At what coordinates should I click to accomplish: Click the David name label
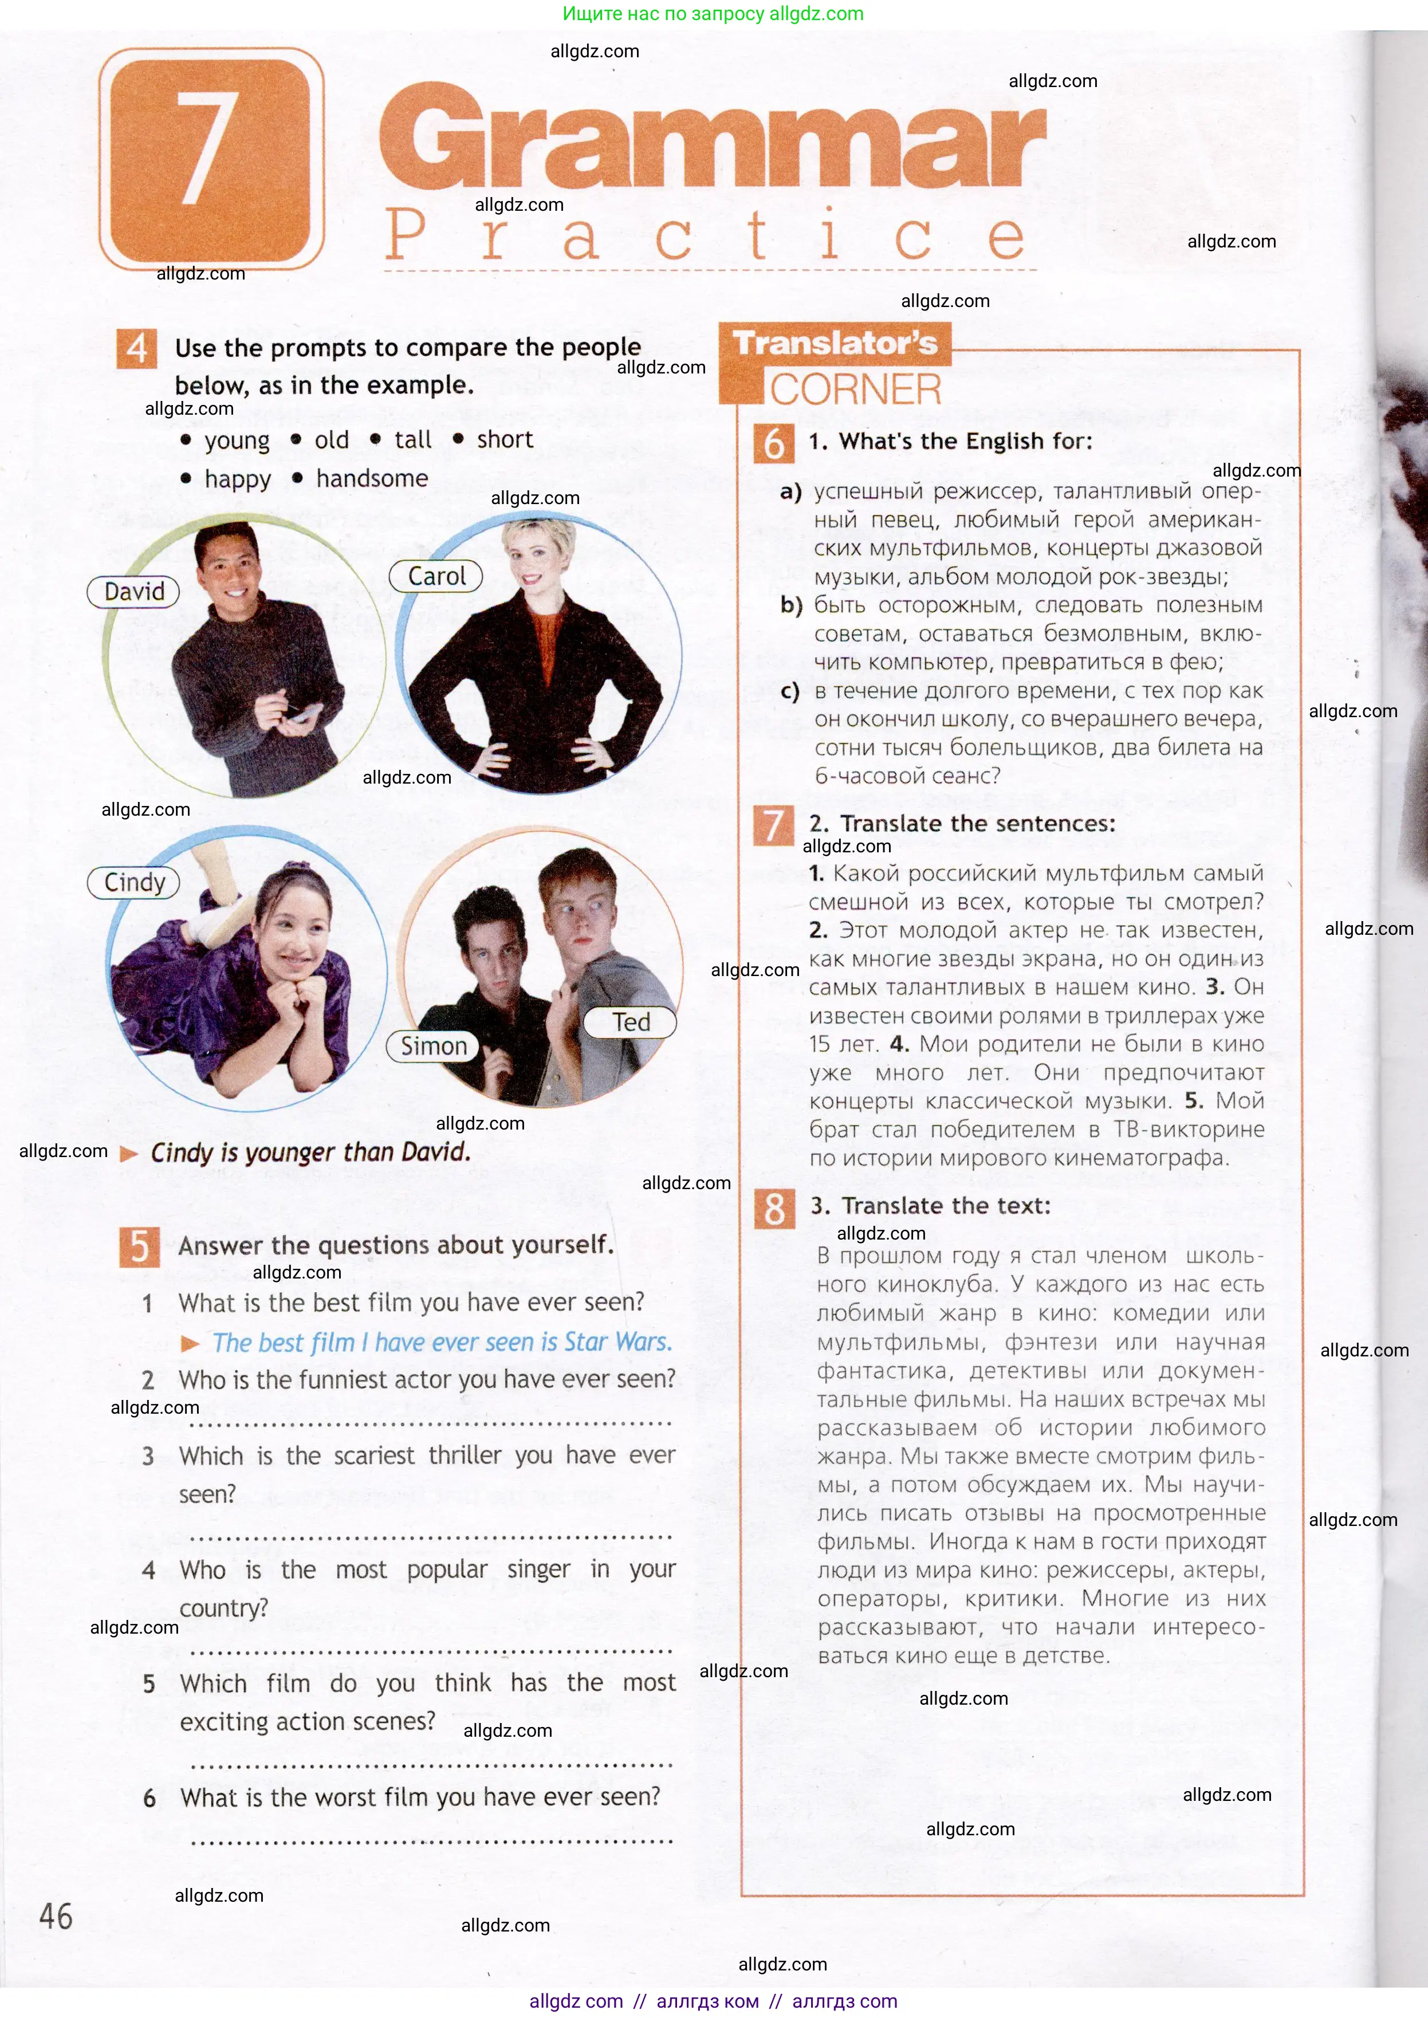pyautogui.click(x=133, y=592)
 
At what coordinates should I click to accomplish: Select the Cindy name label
pyautogui.click(x=133, y=882)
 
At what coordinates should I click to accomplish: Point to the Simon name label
pyautogui.click(x=434, y=1045)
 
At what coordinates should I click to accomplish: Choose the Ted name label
pyautogui.click(x=631, y=1022)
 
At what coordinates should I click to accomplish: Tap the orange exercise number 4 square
pyautogui.click(x=137, y=349)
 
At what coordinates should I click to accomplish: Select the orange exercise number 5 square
pyautogui.click(x=140, y=1246)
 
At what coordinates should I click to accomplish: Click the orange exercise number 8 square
pyautogui.click(x=774, y=1208)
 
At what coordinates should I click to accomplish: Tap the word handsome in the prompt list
pyautogui.click(x=372, y=478)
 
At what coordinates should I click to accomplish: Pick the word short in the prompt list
pyautogui.click(x=505, y=440)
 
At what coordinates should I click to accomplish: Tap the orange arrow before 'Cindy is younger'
pyautogui.click(x=129, y=1154)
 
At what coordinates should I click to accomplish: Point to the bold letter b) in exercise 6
pyautogui.click(x=790, y=605)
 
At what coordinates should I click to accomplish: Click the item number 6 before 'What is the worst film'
pyautogui.click(x=150, y=1798)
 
